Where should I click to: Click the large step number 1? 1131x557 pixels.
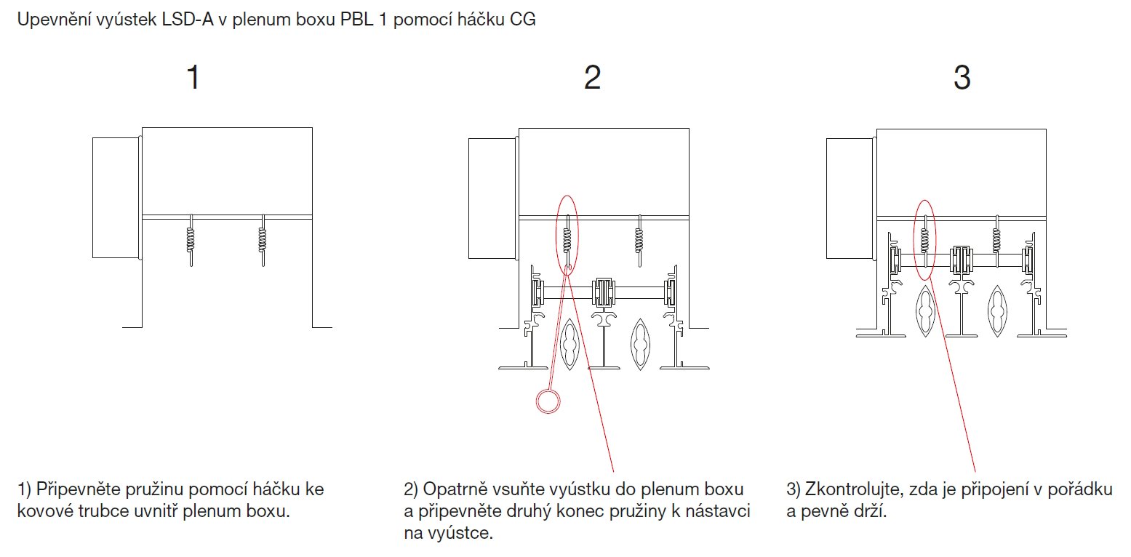click(193, 78)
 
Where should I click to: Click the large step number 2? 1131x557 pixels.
click(593, 78)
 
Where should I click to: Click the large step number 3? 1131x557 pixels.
click(962, 78)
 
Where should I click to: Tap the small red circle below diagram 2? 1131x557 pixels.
click(548, 401)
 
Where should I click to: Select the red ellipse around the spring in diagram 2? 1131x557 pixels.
click(567, 234)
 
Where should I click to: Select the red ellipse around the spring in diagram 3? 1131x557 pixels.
click(924, 240)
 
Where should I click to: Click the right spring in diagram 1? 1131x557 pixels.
click(263, 239)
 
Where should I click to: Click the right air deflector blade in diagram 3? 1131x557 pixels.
click(997, 310)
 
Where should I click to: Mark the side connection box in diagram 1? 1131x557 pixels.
click(114, 197)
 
